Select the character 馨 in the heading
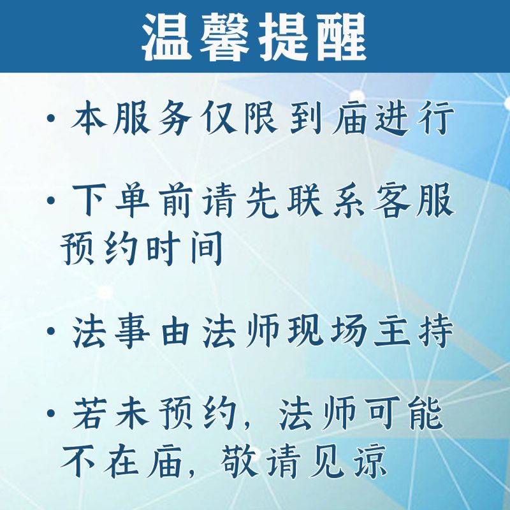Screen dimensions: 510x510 click(224, 38)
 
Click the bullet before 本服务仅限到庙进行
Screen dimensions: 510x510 click(51, 118)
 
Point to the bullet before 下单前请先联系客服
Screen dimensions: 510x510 click(51, 200)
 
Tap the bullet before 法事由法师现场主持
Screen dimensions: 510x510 click(51, 331)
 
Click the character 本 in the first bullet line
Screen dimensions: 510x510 click(89, 118)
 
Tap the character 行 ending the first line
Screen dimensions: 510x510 click(436, 118)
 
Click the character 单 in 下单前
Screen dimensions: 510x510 click(132, 200)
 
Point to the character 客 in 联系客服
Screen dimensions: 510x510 click(392, 200)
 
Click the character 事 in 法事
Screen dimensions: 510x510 click(132, 331)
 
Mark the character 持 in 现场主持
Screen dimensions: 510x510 click(436, 331)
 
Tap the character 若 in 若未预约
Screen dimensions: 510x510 click(89, 413)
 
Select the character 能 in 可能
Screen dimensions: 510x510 click(426, 413)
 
